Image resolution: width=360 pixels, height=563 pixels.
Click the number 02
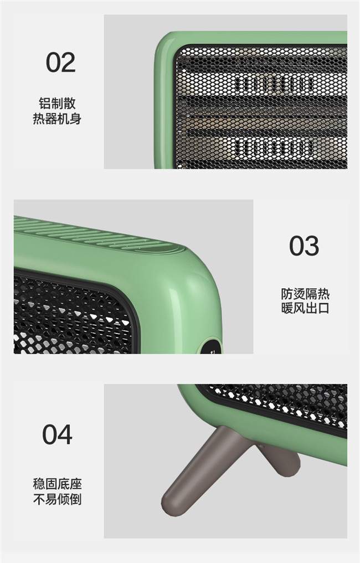(x=61, y=63)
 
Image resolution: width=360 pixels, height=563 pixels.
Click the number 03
(x=304, y=245)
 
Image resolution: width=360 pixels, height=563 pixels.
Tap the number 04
(x=58, y=434)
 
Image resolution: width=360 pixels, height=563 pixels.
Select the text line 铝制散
(x=58, y=104)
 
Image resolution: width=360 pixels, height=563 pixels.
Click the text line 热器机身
(x=58, y=119)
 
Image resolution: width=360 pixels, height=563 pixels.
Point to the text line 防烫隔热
(x=305, y=294)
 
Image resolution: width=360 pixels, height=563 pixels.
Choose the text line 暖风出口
(x=305, y=308)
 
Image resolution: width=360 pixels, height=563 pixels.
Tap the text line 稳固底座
(x=58, y=484)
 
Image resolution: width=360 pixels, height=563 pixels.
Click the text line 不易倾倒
(x=58, y=499)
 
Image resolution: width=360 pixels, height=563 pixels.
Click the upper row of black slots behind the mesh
(x=275, y=85)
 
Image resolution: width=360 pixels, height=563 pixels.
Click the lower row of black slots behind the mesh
(x=275, y=148)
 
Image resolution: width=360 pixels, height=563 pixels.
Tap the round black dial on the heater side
(x=211, y=346)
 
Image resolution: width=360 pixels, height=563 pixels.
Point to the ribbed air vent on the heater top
(x=97, y=235)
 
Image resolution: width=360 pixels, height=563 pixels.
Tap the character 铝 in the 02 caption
(x=45, y=104)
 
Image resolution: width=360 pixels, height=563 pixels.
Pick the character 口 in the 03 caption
(x=324, y=308)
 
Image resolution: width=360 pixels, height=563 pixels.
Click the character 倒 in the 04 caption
(x=76, y=499)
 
